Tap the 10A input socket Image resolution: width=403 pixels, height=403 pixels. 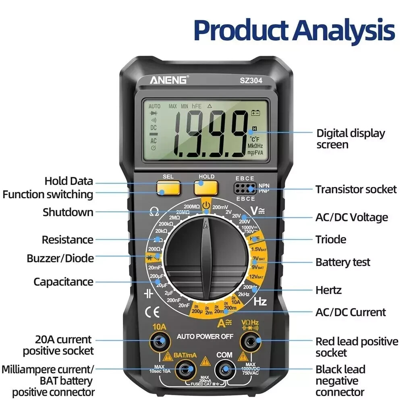(160, 342)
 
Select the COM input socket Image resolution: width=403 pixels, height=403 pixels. (224, 369)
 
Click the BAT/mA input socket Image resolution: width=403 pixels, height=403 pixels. (185, 369)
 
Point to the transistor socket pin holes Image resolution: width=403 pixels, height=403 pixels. (245, 188)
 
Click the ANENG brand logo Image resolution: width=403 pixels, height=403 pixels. (168, 80)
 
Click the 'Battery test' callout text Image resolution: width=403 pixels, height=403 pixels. (343, 262)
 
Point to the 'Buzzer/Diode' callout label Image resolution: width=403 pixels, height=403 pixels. (60, 258)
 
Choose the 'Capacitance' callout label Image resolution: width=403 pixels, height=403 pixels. (63, 282)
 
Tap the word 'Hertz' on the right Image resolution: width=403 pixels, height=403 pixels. (328, 290)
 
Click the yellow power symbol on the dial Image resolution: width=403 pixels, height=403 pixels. (206, 205)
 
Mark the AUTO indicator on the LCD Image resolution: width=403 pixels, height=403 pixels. (154, 106)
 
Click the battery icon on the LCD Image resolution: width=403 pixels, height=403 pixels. (256, 113)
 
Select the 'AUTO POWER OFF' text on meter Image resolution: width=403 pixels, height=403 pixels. (205, 337)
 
